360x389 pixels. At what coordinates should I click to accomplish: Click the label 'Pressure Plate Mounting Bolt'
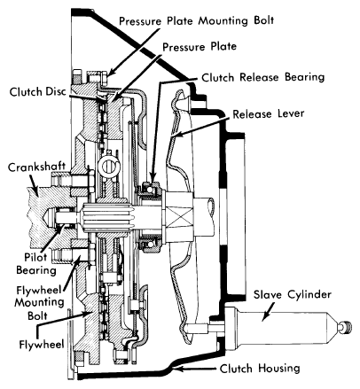197,21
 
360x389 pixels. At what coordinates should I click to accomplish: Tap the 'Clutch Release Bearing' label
263,77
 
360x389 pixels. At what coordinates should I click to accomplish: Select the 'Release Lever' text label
269,114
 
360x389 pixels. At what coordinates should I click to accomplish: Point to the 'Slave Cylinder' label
293,295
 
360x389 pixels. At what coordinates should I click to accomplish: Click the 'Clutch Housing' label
260,369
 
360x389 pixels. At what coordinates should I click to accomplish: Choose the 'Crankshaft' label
36,167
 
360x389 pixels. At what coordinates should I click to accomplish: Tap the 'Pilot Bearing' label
36,264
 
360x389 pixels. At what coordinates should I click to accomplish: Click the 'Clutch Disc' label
37,92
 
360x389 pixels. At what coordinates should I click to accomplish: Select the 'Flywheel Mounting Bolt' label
39,302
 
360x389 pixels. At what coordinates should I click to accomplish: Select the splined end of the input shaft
106,218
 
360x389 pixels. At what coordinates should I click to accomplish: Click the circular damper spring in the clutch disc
108,166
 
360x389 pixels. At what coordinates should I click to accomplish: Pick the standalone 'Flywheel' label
42,345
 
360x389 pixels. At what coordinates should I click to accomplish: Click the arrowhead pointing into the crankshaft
35,192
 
